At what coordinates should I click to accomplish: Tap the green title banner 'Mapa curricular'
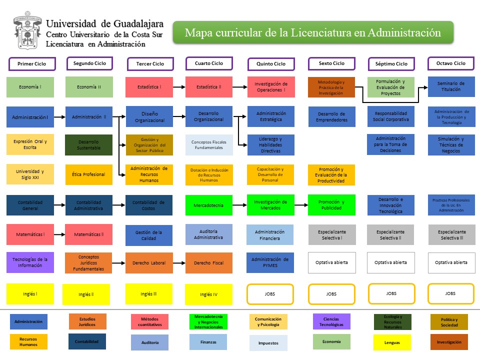click(313, 32)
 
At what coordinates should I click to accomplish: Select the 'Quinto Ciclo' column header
click(271, 64)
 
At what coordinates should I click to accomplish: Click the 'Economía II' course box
click(89, 87)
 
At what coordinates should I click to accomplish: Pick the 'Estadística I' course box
click(149, 87)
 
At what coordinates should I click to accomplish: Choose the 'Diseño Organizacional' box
click(149, 117)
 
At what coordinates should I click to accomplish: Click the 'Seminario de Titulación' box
click(451, 86)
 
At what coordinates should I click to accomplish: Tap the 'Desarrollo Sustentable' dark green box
click(89, 145)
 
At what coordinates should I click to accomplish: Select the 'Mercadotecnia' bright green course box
click(208, 205)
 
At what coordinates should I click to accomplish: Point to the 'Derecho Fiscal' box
click(208, 263)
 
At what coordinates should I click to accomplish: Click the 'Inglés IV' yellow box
click(208, 294)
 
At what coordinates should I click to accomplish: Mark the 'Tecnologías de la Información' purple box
click(30, 262)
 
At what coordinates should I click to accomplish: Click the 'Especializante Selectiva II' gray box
click(391, 235)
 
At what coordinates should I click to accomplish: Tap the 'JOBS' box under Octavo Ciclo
click(451, 294)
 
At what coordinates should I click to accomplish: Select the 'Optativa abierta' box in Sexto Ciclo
click(331, 262)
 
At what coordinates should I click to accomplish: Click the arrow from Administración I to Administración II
click(59, 117)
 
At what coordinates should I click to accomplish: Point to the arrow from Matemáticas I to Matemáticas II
click(59, 234)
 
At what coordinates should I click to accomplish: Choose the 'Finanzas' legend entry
click(208, 342)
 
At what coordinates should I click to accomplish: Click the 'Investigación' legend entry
click(449, 342)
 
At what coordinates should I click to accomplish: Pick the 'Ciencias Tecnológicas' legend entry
click(331, 321)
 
